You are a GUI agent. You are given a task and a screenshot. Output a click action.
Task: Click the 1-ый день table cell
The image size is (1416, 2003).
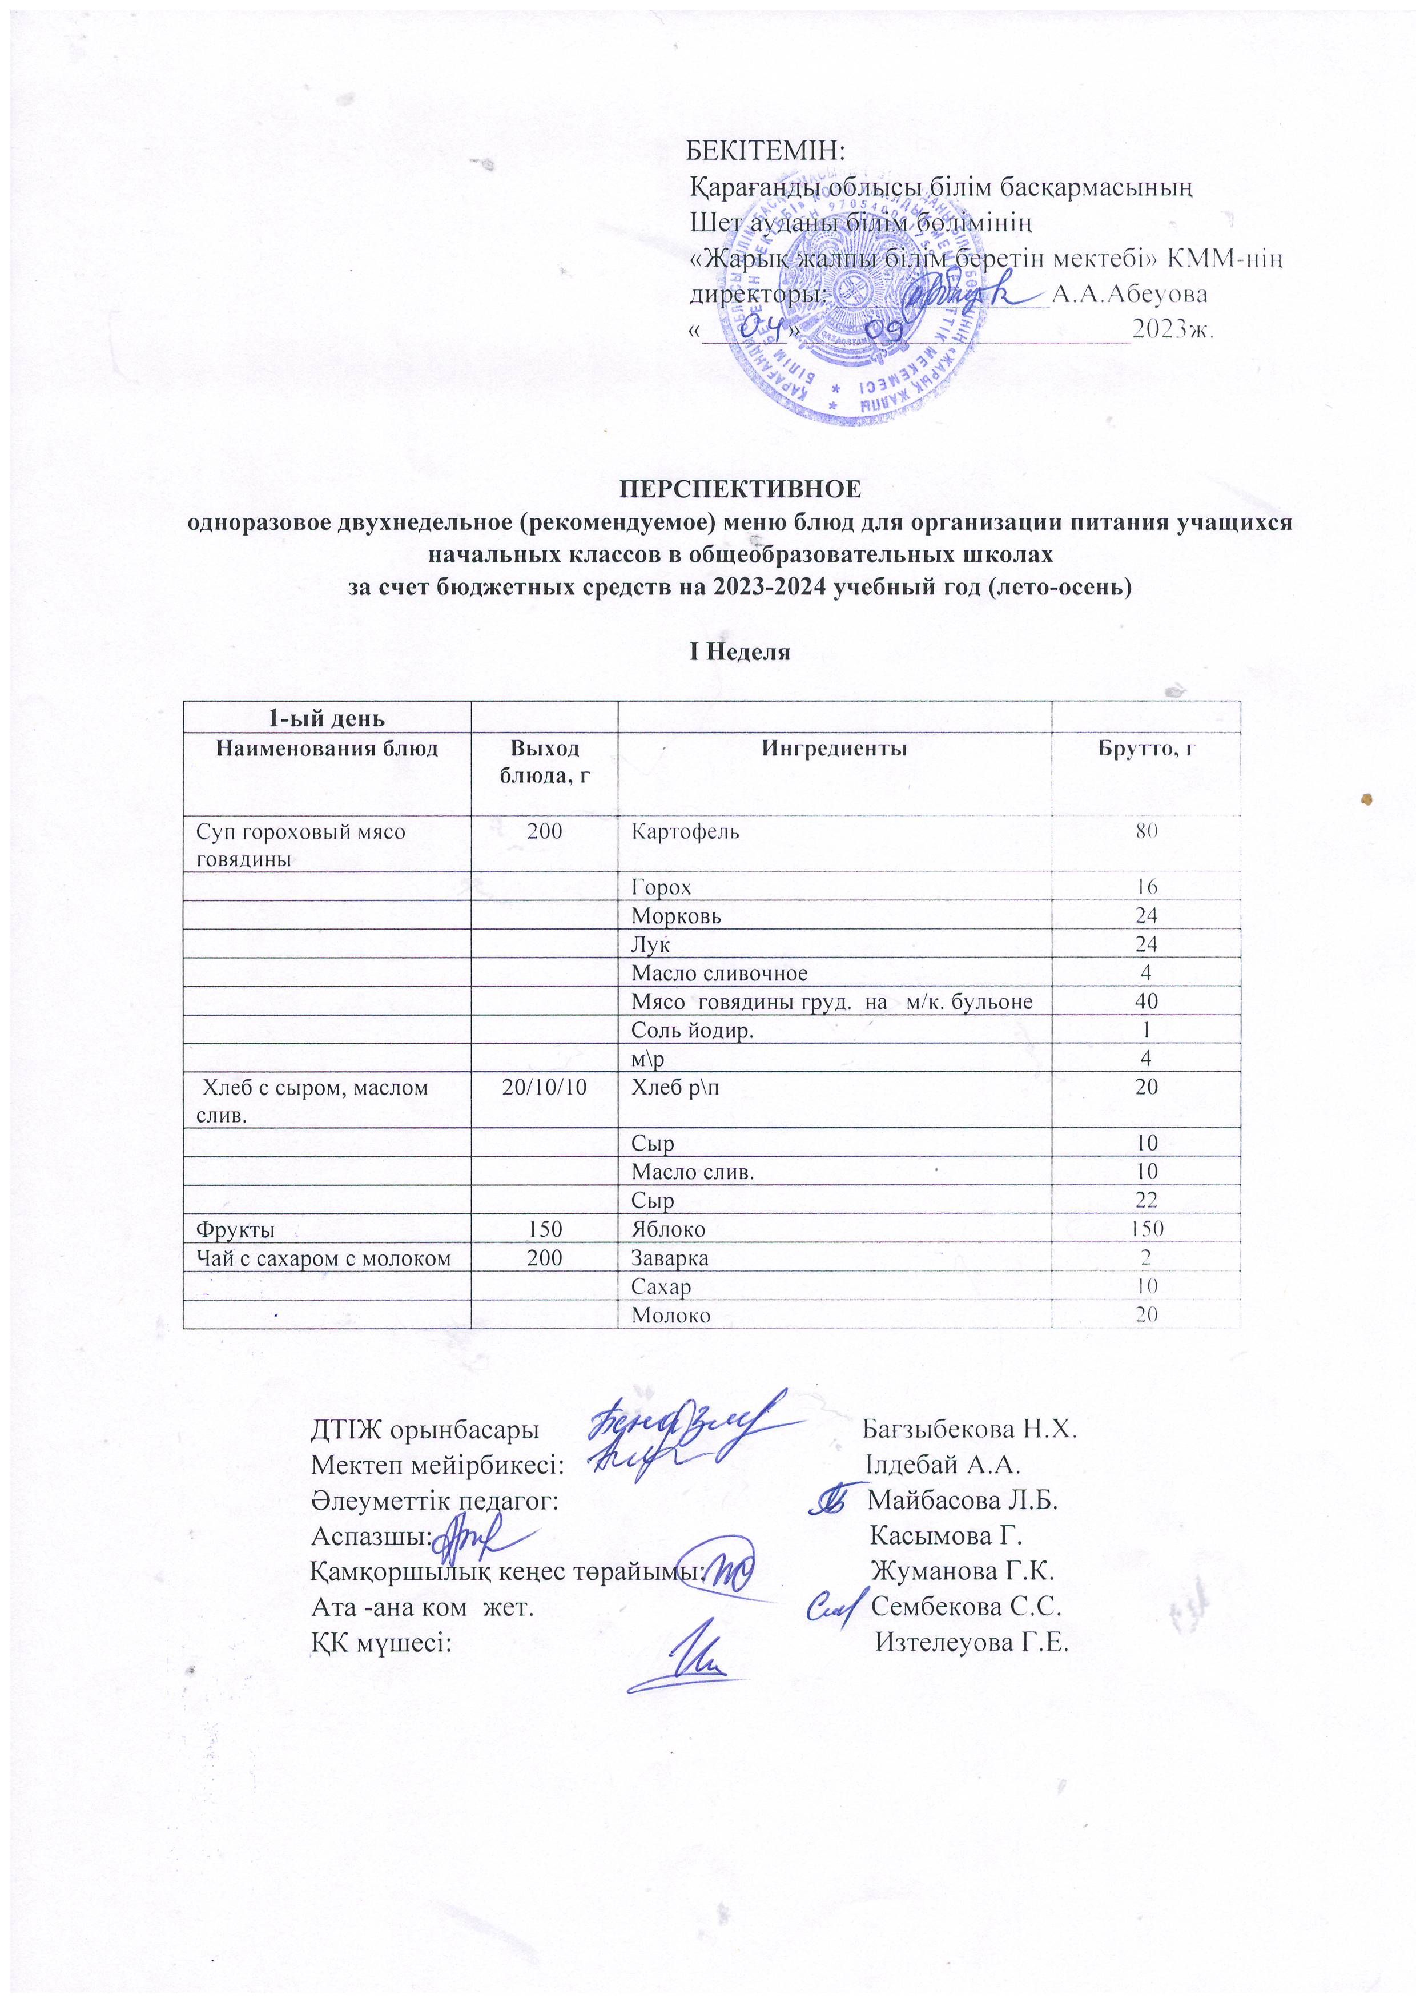pyautogui.click(x=325, y=719)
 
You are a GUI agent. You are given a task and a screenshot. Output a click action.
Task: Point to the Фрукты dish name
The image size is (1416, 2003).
pyautogui.click(x=236, y=1230)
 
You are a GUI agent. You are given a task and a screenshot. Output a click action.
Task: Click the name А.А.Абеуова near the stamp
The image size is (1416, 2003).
pyautogui.click(x=1130, y=294)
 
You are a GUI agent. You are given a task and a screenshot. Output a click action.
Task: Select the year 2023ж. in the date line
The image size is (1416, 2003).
pyautogui.click(x=1173, y=330)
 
